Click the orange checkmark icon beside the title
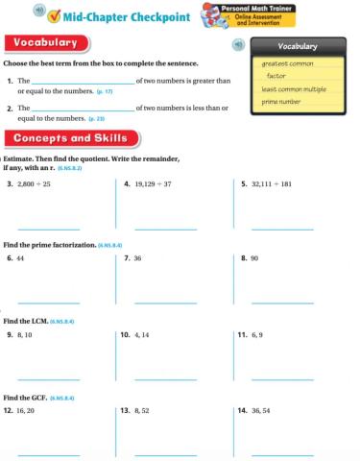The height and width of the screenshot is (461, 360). pyautogui.click(x=54, y=14)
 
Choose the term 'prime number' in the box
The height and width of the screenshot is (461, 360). pyautogui.click(x=282, y=101)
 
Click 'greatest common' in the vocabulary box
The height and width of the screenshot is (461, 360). pyautogui.click(x=288, y=63)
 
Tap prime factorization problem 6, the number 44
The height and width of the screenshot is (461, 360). pyautogui.click(x=20, y=258)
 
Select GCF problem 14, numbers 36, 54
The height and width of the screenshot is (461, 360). pyautogui.click(x=260, y=410)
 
